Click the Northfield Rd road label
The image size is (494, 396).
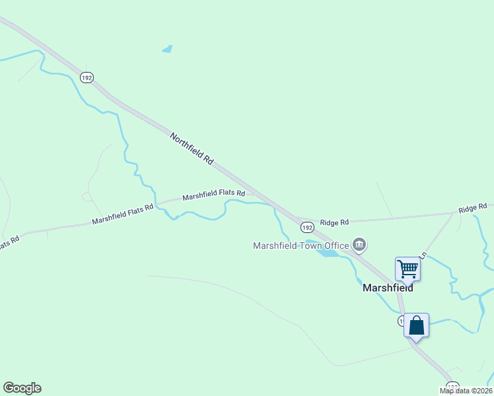(192, 149)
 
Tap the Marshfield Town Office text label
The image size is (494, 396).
(300, 246)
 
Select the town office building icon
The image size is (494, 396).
(359, 246)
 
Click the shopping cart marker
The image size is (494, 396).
(408, 269)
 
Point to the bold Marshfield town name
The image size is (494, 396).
(388, 288)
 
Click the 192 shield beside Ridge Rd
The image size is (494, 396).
(307, 227)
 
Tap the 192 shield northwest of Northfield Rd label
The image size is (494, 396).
(87, 77)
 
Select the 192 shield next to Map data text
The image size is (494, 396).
(452, 386)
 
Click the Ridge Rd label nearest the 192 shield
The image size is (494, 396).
(335, 222)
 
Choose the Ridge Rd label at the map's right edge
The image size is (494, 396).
(473, 208)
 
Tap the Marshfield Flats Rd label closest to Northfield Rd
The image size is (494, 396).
(213, 195)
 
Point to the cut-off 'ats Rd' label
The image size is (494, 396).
(9, 243)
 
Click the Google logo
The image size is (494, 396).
(22, 388)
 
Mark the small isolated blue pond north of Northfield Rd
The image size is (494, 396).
(168, 48)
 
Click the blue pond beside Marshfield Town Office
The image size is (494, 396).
(329, 253)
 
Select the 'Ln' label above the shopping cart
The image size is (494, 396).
(423, 255)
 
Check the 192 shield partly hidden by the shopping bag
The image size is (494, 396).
(401, 321)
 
